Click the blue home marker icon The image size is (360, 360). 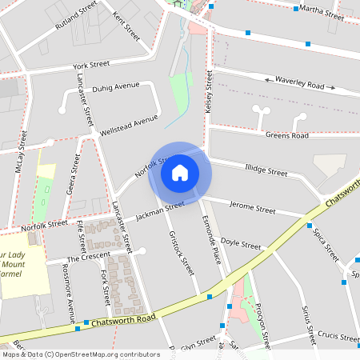[180, 172]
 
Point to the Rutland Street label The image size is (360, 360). [75, 15]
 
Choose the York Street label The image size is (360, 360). [90, 65]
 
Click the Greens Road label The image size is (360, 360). [287, 136]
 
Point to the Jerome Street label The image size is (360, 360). [252, 208]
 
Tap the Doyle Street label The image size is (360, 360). [241, 242]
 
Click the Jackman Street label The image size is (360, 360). [160, 210]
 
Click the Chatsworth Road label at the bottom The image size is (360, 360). [123, 318]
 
